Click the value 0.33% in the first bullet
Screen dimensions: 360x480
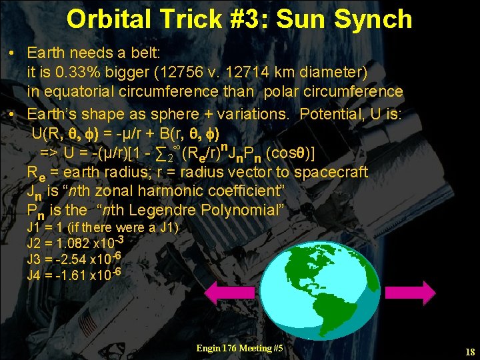84,71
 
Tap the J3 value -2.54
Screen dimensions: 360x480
71,259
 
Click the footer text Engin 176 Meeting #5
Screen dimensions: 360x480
239,348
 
